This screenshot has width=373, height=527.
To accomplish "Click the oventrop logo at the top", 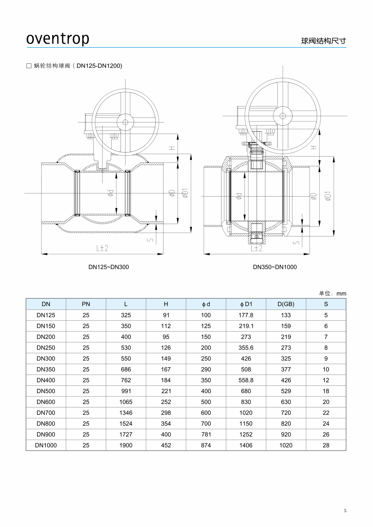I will (58, 39).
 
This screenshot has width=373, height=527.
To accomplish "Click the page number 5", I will (345, 511).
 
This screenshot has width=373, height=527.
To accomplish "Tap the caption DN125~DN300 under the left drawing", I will (109, 267).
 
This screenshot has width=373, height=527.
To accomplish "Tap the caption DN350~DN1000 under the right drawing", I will (275, 267).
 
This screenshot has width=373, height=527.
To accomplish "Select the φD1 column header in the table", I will (246, 304).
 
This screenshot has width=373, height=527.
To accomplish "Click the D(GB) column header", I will (286, 304).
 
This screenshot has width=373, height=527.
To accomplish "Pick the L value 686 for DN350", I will (126, 369).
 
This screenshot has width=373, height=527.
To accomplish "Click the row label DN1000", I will (46, 445).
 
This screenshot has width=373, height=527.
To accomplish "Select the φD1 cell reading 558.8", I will (246, 380).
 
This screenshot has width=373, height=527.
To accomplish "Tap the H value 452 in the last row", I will (166, 445).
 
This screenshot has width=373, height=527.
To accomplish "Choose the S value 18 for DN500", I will (326, 391).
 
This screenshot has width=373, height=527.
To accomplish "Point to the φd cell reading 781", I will (206, 434).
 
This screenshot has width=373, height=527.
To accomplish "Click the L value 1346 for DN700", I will (126, 413).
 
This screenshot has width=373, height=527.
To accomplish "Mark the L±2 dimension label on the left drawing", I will (102, 248).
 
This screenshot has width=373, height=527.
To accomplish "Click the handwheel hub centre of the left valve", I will (125, 122).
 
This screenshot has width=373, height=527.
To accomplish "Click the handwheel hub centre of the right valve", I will (283, 116).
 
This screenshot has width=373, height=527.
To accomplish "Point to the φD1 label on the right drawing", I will (328, 196).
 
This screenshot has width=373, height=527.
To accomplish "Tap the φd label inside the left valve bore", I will (111, 193).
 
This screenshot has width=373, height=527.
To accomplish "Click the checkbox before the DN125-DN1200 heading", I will (29, 66).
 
